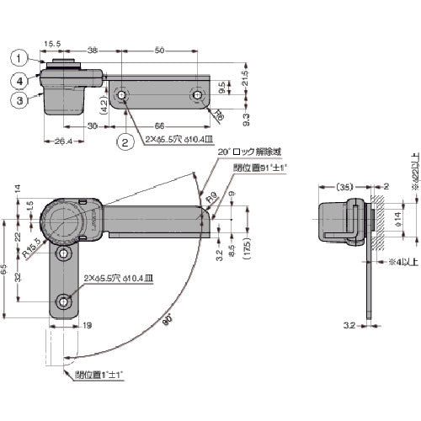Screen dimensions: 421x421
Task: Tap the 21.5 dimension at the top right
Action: tap(245, 75)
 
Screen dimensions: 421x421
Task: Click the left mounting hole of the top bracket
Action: tap(123, 97)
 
